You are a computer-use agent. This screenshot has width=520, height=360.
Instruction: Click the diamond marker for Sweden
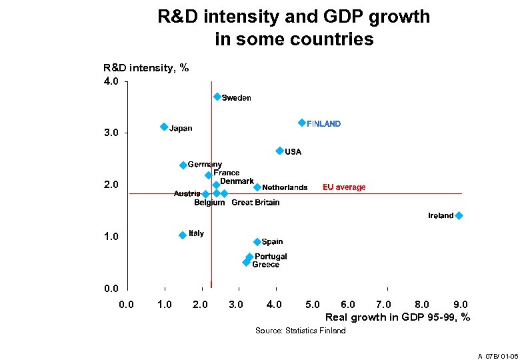(217, 97)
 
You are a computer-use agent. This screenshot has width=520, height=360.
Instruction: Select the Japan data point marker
(164, 127)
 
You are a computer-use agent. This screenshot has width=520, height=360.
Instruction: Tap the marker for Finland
(302, 123)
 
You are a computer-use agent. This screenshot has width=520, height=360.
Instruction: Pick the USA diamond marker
(280, 151)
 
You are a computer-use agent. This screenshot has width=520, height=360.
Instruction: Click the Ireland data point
(459, 215)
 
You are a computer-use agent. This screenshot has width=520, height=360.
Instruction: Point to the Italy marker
(183, 235)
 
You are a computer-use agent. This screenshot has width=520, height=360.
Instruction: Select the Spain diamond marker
(257, 241)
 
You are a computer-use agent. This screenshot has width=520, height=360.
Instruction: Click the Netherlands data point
(257, 187)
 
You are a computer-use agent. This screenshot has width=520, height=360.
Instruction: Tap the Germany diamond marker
(183, 165)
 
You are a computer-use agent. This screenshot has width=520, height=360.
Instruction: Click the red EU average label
(344, 187)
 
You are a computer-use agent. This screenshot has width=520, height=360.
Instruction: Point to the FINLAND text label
(323, 124)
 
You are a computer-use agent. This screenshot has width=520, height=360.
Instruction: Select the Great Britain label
(255, 203)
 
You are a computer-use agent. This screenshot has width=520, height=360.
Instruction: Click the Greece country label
(266, 265)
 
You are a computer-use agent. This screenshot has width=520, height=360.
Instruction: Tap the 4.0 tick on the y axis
(111, 82)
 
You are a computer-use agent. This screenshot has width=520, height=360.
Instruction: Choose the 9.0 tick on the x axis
(460, 305)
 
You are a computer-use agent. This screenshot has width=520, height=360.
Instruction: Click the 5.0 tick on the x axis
(312, 305)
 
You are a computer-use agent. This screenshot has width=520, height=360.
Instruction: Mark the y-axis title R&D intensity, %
(147, 67)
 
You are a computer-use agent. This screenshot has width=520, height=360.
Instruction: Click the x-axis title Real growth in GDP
(397, 317)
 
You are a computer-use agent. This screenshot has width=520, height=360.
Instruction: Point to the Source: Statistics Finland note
(301, 331)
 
